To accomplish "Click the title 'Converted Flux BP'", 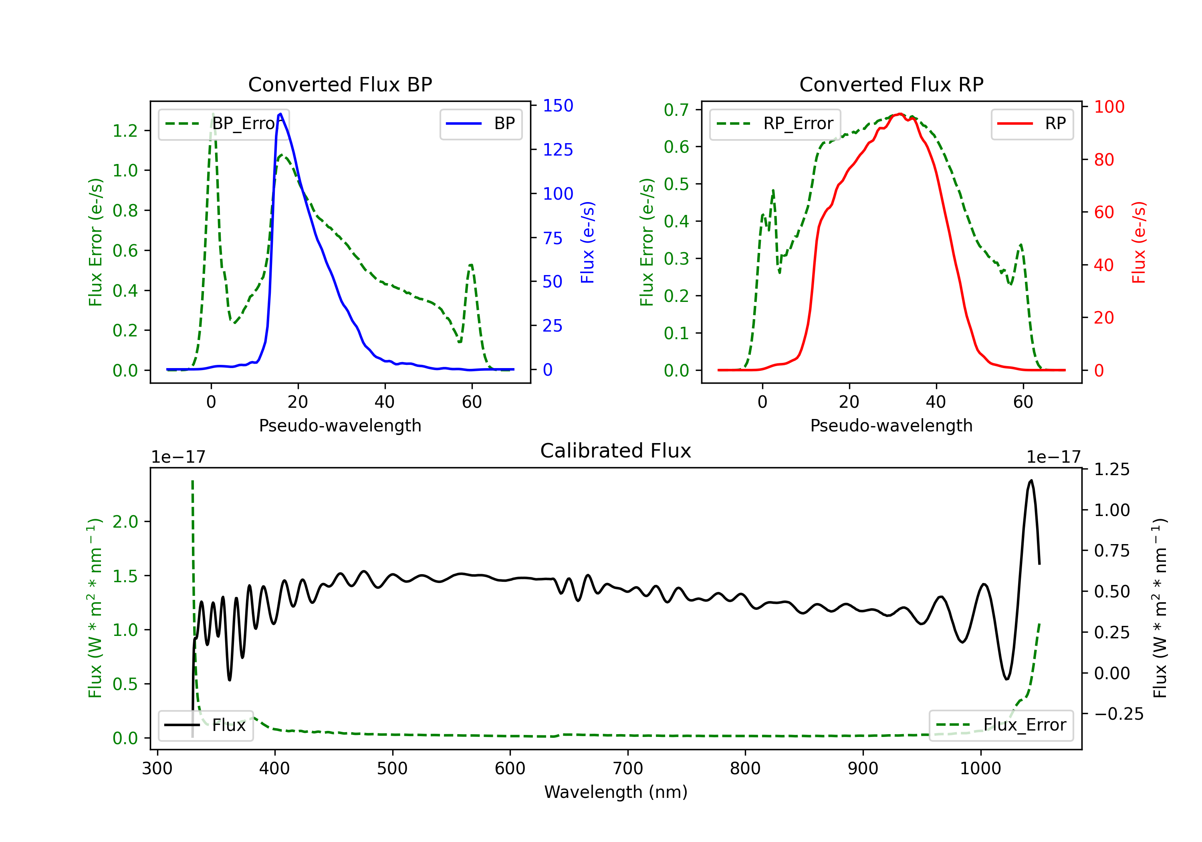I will click(x=340, y=84).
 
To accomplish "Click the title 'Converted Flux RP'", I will click(x=891, y=84).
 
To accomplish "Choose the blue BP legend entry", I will click(x=480, y=123).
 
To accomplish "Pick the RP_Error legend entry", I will click(x=775, y=123).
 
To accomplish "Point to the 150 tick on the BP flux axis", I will click(x=558, y=106).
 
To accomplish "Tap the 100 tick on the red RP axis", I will click(x=1109, y=107).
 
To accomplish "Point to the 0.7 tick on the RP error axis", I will click(x=676, y=110).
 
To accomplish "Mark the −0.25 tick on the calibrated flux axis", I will click(x=1118, y=714).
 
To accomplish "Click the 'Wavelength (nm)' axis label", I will click(x=616, y=792).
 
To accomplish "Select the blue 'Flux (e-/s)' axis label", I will click(x=587, y=242).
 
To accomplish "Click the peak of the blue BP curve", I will click(x=280, y=114).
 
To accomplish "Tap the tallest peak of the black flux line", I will click(x=1031, y=480).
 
